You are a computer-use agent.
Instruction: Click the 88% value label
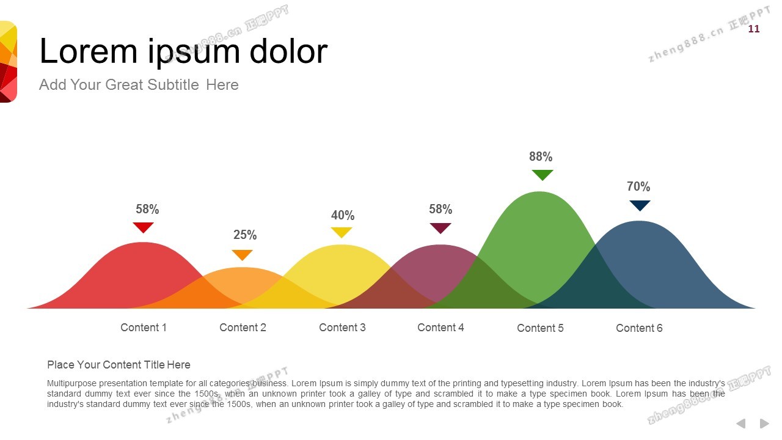point(541,156)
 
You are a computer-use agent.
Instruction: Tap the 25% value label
point(245,235)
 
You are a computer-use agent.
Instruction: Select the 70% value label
point(638,186)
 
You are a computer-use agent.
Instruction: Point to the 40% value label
point(343,215)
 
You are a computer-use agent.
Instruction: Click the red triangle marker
point(143,227)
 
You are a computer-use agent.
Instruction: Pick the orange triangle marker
point(243,255)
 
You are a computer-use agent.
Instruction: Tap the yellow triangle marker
point(342,232)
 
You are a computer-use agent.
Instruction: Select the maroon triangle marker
point(440,228)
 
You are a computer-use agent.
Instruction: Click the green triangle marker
point(543,175)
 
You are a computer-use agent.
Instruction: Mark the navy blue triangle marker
point(640,205)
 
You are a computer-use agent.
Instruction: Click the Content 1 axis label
point(144,328)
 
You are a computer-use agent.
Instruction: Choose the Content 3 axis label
point(342,328)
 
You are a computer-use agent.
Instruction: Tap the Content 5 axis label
point(540,328)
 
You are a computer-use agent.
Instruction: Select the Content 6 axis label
point(639,328)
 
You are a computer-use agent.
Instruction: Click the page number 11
point(754,29)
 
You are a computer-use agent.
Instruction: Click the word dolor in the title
point(289,51)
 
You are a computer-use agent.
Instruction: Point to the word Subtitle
point(173,85)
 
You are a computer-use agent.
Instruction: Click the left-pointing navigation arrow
point(741,424)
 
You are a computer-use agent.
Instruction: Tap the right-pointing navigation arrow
point(764,424)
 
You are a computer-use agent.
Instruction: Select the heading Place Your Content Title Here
point(119,365)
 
